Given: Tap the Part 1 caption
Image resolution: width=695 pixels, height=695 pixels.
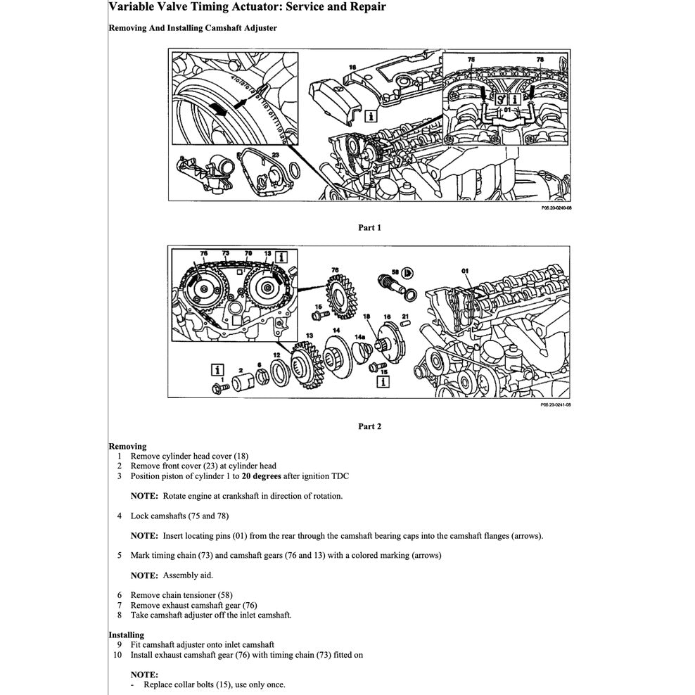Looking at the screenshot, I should pyautogui.click(x=369, y=227).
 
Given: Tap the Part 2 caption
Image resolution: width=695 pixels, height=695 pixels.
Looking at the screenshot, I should pyautogui.click(x=369, y=426).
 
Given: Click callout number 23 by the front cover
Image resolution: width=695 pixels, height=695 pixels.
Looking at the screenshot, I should pyautogui.click(x=276, y=153).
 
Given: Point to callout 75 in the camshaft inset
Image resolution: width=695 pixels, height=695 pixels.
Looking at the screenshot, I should pyautogui.click(x=471, y=60).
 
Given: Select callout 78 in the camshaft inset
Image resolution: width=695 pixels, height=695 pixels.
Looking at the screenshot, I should pyautogui.click(x=540, y=60).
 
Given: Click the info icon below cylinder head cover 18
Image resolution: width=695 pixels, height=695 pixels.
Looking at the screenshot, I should pyautogui.click(x=371, y=115).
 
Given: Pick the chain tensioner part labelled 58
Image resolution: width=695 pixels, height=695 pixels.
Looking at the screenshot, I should pyautogui.click(x=389, y=286).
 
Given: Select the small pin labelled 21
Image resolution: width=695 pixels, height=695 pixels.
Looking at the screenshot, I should pyautogui.click(x=405, y=325).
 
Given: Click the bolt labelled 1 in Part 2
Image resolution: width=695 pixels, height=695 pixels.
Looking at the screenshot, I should pyautogui.click(x=217, y=386).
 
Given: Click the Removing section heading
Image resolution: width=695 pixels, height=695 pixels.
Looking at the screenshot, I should pyautogui.click(x=127, y=446).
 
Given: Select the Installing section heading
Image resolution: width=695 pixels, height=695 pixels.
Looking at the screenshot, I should pyautogui.click(x=126, y=635).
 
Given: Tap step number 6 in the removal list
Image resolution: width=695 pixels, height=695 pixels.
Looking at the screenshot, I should pyautogui.click(x=120, y=594).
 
